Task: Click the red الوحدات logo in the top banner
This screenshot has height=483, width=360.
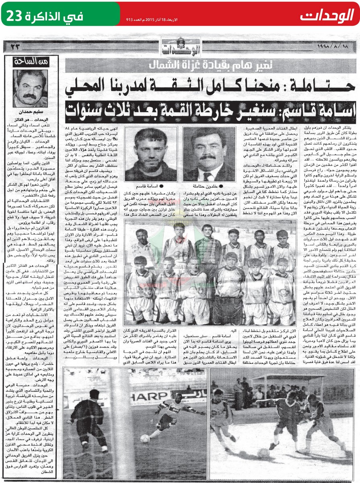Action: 325,16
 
